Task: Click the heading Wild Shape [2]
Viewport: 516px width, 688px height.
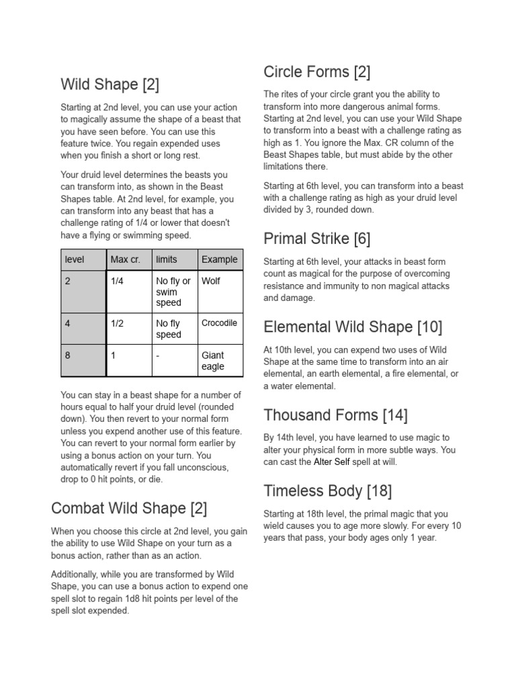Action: (x=110, y=85)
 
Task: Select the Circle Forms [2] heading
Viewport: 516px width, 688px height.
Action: (x=317, y=72)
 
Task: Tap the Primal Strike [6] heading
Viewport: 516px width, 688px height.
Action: (x=317, y=239)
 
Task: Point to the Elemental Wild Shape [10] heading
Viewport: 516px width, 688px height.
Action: (x=353, y=327)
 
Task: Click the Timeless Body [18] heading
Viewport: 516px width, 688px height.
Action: (x=328, y=490)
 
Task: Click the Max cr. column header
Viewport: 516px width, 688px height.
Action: (x=126, y=259)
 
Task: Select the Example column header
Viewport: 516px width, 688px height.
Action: (x=220, y=259)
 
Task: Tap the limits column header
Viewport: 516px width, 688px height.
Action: (x=167, y=259)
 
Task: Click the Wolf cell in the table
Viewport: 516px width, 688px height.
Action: (x=211, y=281)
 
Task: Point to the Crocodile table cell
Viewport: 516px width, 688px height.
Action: (x=220, y=322)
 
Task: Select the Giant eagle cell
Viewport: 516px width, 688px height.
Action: (x=213, y=361)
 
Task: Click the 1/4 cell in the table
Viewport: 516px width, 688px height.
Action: (x=117, y=281)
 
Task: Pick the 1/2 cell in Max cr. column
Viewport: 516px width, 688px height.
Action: (x=117, y=323)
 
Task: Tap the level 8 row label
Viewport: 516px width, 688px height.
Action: (x=68, y=355)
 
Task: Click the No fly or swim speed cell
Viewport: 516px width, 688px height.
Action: (x=173, y=292)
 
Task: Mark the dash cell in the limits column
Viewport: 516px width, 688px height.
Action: (x=157, y=355)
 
